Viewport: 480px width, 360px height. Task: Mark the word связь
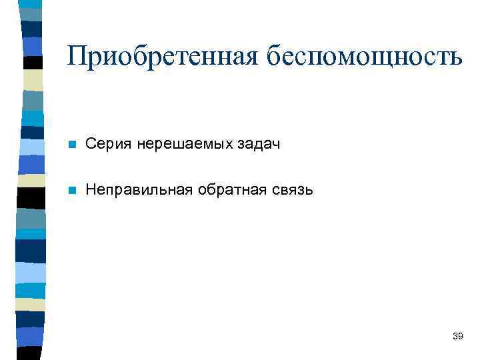[289, 190]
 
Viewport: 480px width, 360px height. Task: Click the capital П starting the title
[77, 56]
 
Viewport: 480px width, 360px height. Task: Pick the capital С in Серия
[91, 144]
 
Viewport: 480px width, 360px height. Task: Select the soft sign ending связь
[308, 191]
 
